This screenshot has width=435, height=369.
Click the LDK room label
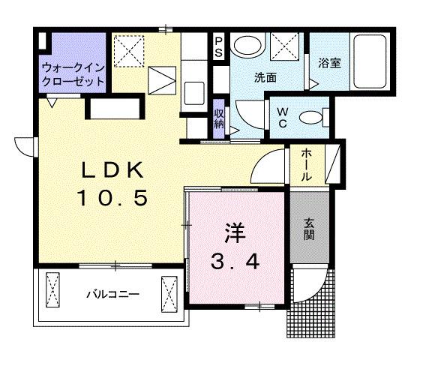(x=112, y=171)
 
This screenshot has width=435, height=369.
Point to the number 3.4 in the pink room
(x=235, y=262)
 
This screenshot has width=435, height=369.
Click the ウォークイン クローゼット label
(x=73, y=72)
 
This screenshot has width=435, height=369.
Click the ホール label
(x=307, y=164)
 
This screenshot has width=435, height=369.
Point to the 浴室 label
(x=330, y=64)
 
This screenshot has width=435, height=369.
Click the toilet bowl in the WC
(x=310, y=117)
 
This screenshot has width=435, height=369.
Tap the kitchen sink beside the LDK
(x=193, y=94)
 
